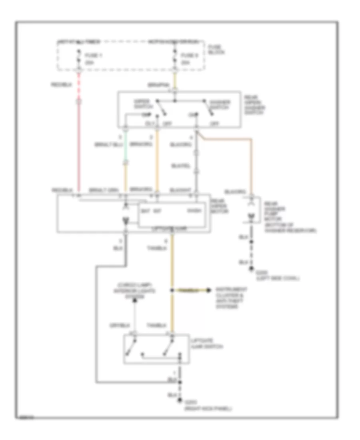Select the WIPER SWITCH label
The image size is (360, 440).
pyautogui.click(x=141, y=104)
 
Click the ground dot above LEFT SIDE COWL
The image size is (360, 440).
pyautogui.click(x=252, y=269)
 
